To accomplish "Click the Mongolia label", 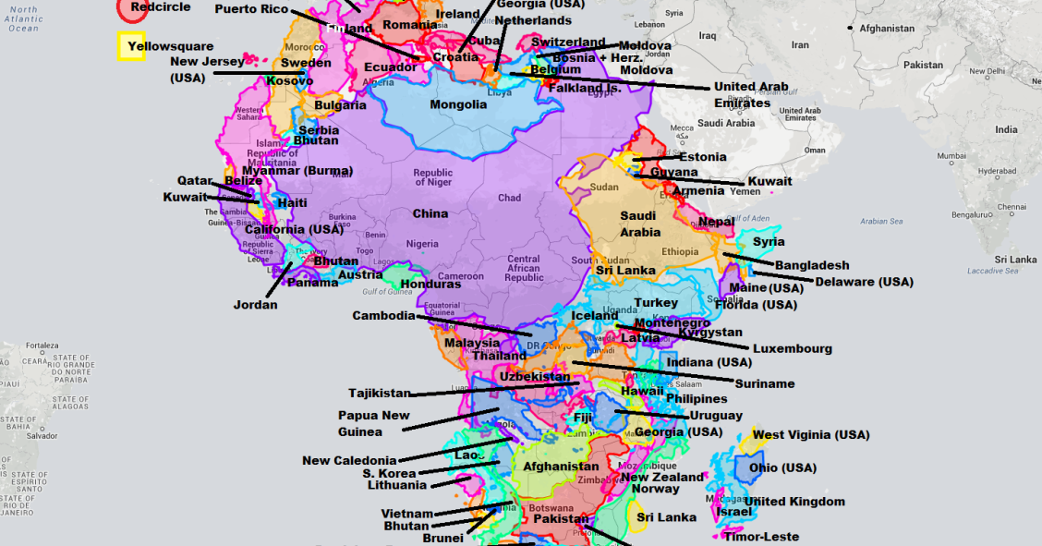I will pos(458,104).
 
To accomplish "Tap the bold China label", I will pos(430,213).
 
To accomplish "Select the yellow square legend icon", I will pos(130,47).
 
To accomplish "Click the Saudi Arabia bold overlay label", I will pos(638,224).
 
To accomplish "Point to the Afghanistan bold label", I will pos(562,467).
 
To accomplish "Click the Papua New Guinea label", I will pos(373,424).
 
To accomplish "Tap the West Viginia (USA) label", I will pos(811,435).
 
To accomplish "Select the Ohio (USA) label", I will pos(782,467).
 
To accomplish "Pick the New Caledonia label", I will pos(349,460).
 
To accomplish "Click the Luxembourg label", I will pos(793,349).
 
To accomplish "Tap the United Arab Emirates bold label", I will pos(751,95).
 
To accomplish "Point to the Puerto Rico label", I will pos(251,9).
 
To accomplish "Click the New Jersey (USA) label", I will pos(207,69).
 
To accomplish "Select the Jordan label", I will pos(255,305).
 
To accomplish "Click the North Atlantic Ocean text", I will pos(24,18).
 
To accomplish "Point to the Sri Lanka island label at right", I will pos(1011,261).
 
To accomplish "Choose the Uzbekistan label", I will pos(535,377).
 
